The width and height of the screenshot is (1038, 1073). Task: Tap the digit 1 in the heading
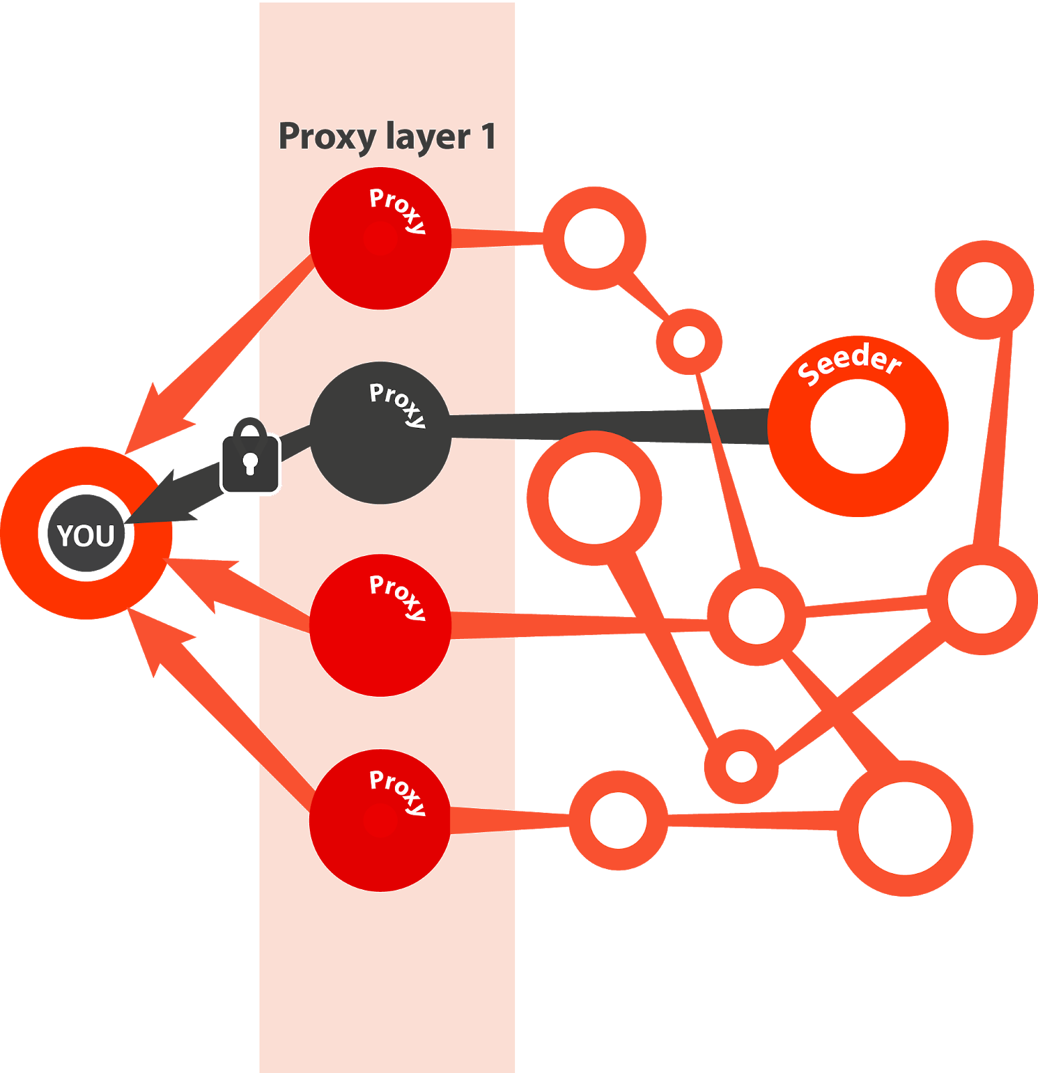point(488,136)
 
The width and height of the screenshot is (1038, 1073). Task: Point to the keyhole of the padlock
point(250,463)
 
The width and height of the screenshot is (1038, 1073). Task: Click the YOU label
point(86,535)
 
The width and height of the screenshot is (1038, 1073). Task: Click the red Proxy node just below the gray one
point(380,626)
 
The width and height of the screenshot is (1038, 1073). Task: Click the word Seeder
point(850,362)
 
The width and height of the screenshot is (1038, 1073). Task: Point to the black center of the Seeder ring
point(858,427)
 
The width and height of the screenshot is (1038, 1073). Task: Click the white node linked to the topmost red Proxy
point(594,239)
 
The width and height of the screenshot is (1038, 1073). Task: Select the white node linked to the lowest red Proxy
point(618,820)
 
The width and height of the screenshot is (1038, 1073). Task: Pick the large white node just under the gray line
point(594,498)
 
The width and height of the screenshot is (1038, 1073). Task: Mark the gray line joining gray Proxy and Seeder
point(603,427)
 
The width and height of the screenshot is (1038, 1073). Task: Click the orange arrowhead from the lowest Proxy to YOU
point(158,644)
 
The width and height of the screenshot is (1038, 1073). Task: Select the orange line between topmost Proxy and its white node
point(496,239)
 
